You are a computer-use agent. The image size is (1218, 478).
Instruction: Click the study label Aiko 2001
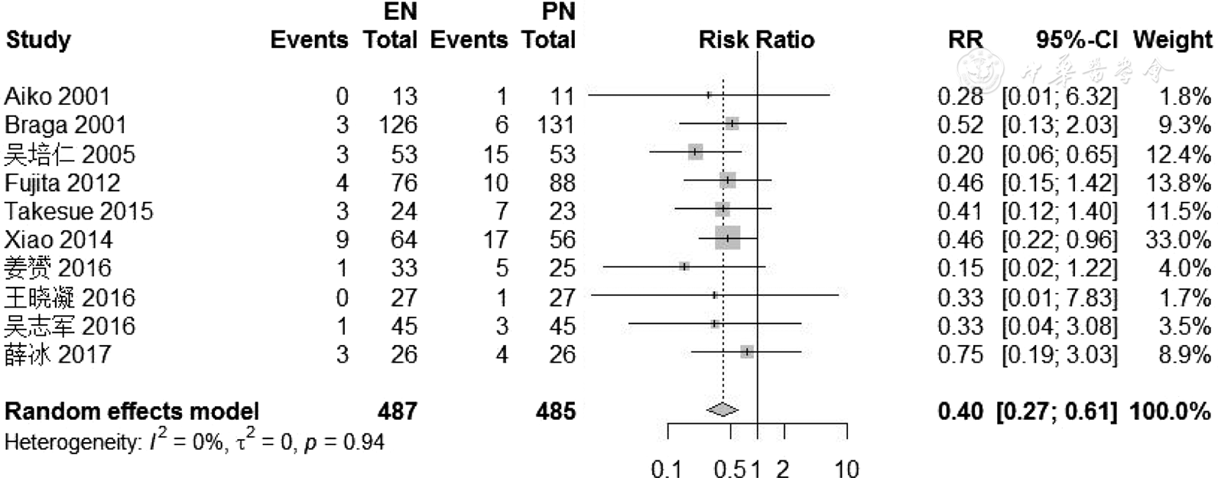pyautogui.click(x=57, y=96)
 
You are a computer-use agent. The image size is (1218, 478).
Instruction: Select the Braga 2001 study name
pyautogui.click(x=65, y=125)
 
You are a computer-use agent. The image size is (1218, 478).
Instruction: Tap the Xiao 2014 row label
pyautogui.click(x=58, y=239)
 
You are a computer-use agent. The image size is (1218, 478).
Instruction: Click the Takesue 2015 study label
pyautogui.click(x=78, y=211)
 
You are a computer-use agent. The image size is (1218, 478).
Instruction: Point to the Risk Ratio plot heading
pyautogui.click(x=756, y=40)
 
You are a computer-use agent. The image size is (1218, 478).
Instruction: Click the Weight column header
pyautogui.click(x=1172, y=40)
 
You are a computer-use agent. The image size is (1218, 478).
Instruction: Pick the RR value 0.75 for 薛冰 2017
pyautogui.click(x=960, y=355)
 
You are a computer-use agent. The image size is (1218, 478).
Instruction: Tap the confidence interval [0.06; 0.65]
pyautogui.click(x=1059, y=154)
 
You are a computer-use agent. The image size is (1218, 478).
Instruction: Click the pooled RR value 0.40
pyautogui.click(x=960, y=411)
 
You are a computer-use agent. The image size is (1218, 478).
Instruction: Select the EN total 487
pyautogui.click(x=397, y=411)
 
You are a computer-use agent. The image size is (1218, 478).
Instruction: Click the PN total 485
pyautogui.click(x=555, y=411)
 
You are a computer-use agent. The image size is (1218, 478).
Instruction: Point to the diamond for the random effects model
pyautogui.click(x=723, y=411)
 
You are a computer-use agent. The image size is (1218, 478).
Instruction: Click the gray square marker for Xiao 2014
pyautogui.click(x=727, y=239)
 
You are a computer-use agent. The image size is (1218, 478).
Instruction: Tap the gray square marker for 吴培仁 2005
pyautogui.click(x=695, y=152)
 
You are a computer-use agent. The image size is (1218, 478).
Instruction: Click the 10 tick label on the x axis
pyautogui.click(x=846, y=468)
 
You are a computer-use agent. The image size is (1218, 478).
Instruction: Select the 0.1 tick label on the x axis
pyautogui.click(x=666, y=468)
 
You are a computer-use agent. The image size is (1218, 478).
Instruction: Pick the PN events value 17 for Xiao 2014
pyautogui.click(x=495, y=239)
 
